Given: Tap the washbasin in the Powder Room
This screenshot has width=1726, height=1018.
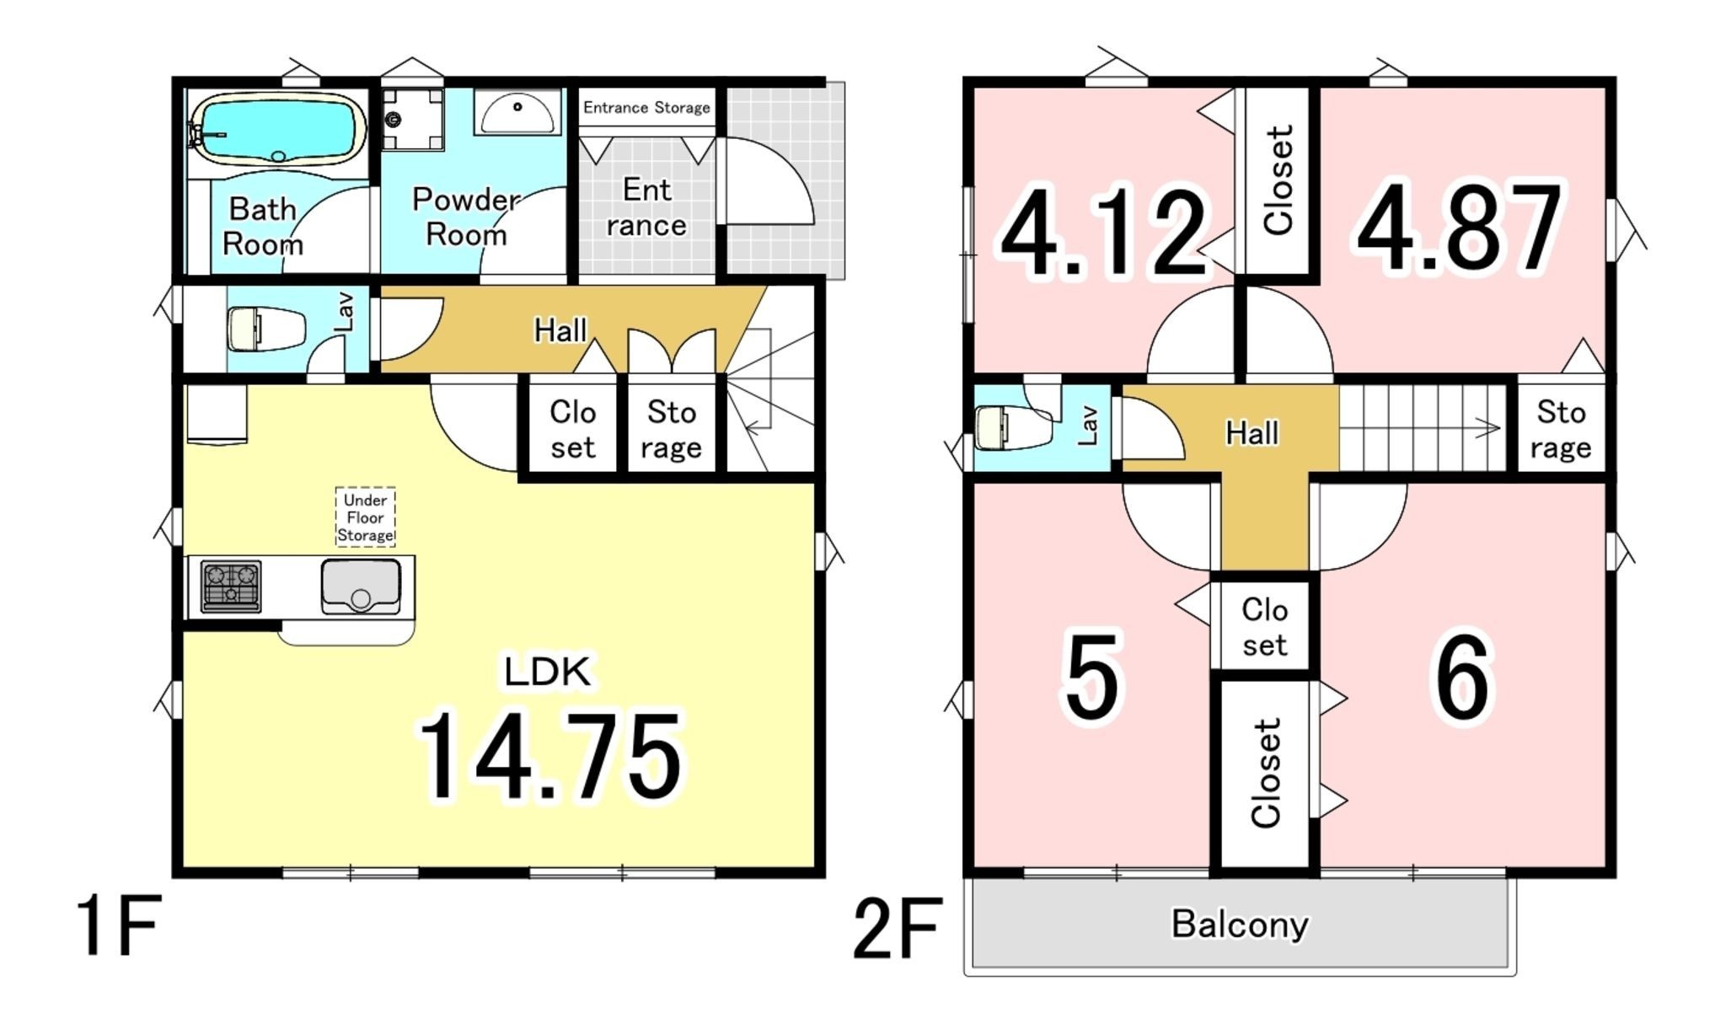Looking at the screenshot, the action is click(517, 112).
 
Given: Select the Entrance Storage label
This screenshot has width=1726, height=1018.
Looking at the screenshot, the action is click(646, 107).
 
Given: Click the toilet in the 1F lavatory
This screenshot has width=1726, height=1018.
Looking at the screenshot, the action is click(265, 329).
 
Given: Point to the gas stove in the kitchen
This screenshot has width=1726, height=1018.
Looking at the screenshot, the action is click(231, 586).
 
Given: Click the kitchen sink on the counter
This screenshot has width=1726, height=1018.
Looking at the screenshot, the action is click(361, 585).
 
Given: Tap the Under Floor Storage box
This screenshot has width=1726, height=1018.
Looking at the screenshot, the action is click(365, 517).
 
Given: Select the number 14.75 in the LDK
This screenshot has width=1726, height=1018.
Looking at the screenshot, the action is click(549, 756).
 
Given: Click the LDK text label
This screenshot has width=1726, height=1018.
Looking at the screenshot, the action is click(547, 672).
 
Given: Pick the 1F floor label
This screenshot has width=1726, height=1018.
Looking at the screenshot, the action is click(119, 925).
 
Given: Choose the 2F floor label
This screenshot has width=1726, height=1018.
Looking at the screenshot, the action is click(898, 929).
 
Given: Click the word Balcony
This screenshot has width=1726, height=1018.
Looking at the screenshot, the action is click(1240, 924).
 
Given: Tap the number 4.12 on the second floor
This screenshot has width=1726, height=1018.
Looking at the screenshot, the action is click(1103, 231).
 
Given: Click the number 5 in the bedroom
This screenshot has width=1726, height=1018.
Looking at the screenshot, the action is click(1092, 678).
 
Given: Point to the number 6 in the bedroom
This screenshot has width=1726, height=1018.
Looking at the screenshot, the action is click(1461, 678).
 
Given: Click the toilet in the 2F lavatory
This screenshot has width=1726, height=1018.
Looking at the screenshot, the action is click(1012, 428).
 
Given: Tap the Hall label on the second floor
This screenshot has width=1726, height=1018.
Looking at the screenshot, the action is click(1252, 433).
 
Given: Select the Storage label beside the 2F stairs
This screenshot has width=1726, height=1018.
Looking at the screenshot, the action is click(1561, 430).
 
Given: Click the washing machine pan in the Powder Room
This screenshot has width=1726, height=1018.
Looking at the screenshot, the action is click(412, 120).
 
